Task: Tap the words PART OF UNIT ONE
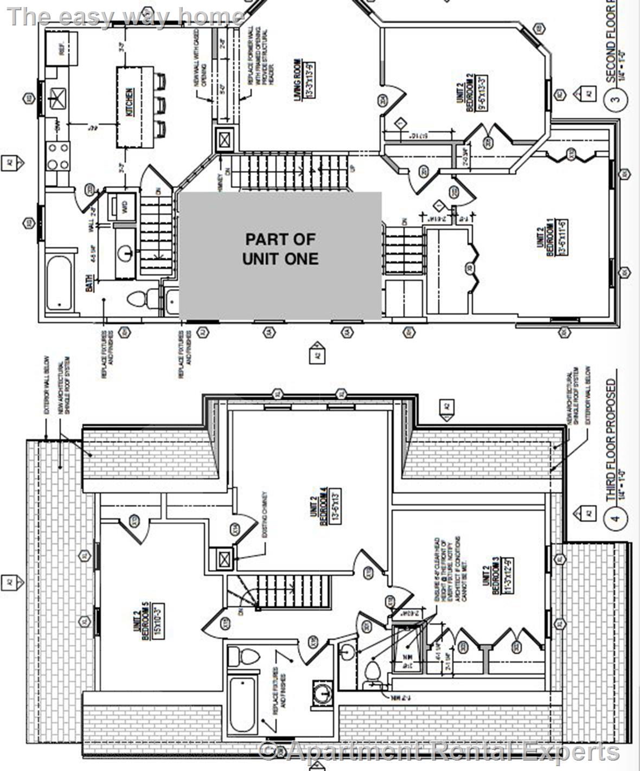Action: (280, 249)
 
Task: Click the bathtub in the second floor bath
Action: (59, 283)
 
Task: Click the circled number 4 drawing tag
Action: (615, 518)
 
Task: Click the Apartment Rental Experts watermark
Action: (439, 752)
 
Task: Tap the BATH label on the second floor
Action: (89, 282)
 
